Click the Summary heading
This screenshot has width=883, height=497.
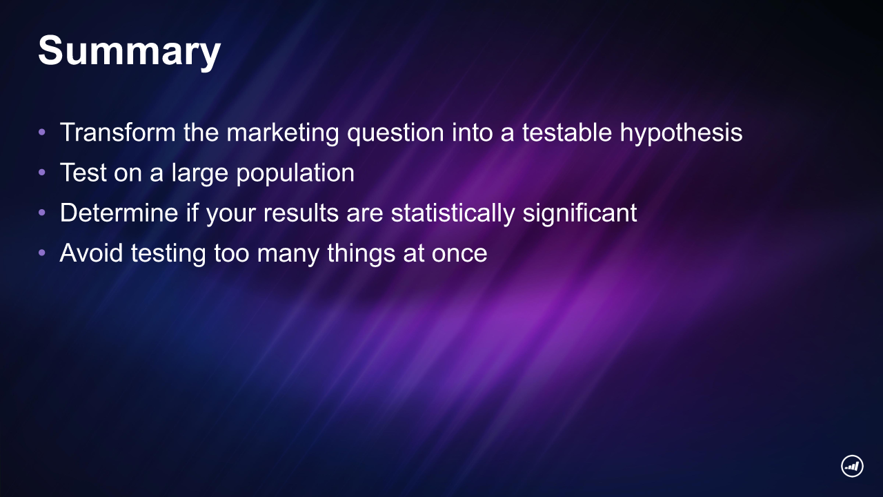129,52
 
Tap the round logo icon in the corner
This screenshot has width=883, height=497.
852,466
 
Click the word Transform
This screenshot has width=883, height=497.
118,132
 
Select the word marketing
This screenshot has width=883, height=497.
283,133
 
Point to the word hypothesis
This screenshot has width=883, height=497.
681,133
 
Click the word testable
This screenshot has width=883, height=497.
567,132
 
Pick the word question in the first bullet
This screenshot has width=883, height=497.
395,133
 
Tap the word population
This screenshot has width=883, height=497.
295,173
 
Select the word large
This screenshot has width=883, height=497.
199,173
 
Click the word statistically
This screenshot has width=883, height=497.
453,214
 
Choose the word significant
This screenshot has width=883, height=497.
580,214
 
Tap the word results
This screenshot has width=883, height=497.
301,213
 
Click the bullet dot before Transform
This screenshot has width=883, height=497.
42,132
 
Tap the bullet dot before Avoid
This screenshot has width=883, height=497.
42,253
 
